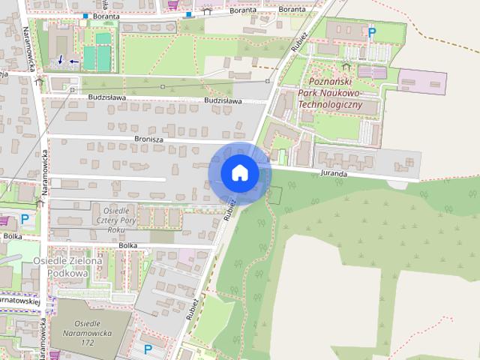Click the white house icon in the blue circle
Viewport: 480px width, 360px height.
click(x=239, y=173)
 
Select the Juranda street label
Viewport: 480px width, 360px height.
click(x=333, y=173)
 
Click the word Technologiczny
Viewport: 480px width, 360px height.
click(x=329, y=105)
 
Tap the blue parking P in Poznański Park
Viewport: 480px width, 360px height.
click(x=371, y=32)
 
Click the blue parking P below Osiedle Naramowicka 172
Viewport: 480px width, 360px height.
click(x=148, y=349)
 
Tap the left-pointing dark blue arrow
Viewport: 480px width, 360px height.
click(x=73, y=61)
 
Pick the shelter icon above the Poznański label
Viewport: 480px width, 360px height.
click(x=346, y=66)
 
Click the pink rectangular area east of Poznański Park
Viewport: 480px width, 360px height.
click(x=421, y=79)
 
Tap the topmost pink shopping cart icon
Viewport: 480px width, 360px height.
click(x=174, y=4)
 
